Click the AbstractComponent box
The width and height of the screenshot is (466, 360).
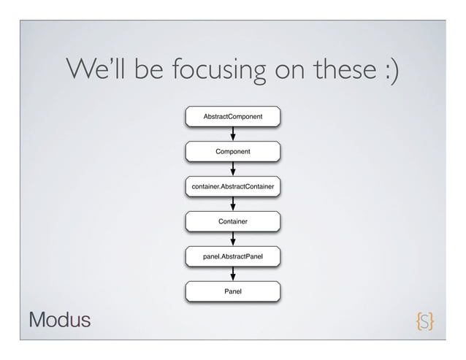pos(233,116)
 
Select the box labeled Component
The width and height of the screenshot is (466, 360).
pos(233,151)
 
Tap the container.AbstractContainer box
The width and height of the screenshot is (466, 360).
pos(233,188)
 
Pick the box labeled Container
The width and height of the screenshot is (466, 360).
pos(233,221)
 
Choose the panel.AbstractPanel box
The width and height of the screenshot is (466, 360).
pos(233,256)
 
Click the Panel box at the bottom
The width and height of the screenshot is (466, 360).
pos(233,291)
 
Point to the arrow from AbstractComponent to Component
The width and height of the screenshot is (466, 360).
pos(233,134)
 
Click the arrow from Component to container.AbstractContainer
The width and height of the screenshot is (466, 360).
pos(233,169)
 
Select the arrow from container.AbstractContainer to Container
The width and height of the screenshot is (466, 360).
pos(233,204)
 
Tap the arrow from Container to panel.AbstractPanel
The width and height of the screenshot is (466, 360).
pos(233,238)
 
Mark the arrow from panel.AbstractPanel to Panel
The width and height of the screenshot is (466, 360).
pos(233,274)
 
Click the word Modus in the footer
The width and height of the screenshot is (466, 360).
pos(60,320)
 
